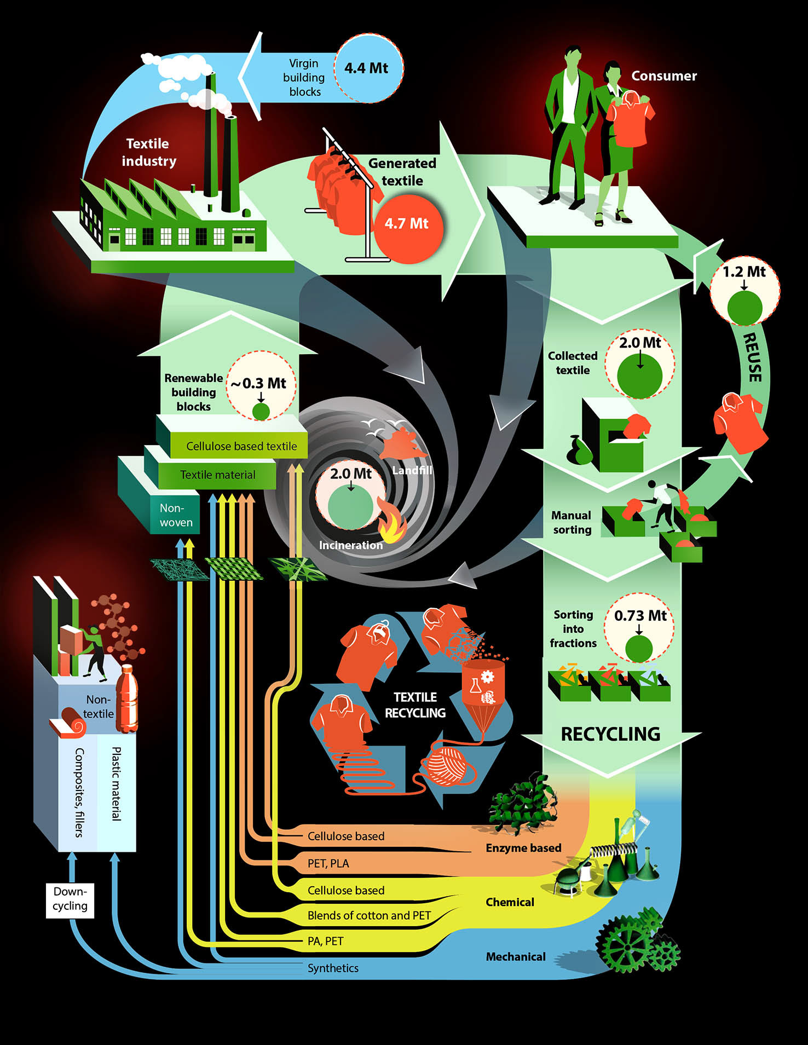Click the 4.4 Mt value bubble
368,68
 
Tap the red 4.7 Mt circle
407,224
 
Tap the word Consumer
664,76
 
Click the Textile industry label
148,152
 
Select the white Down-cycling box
70,899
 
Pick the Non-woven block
176,515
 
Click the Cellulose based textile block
241,446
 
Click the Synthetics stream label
333,968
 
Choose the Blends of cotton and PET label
369,915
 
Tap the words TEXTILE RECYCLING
415,705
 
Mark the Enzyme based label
523,848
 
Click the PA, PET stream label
325,941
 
